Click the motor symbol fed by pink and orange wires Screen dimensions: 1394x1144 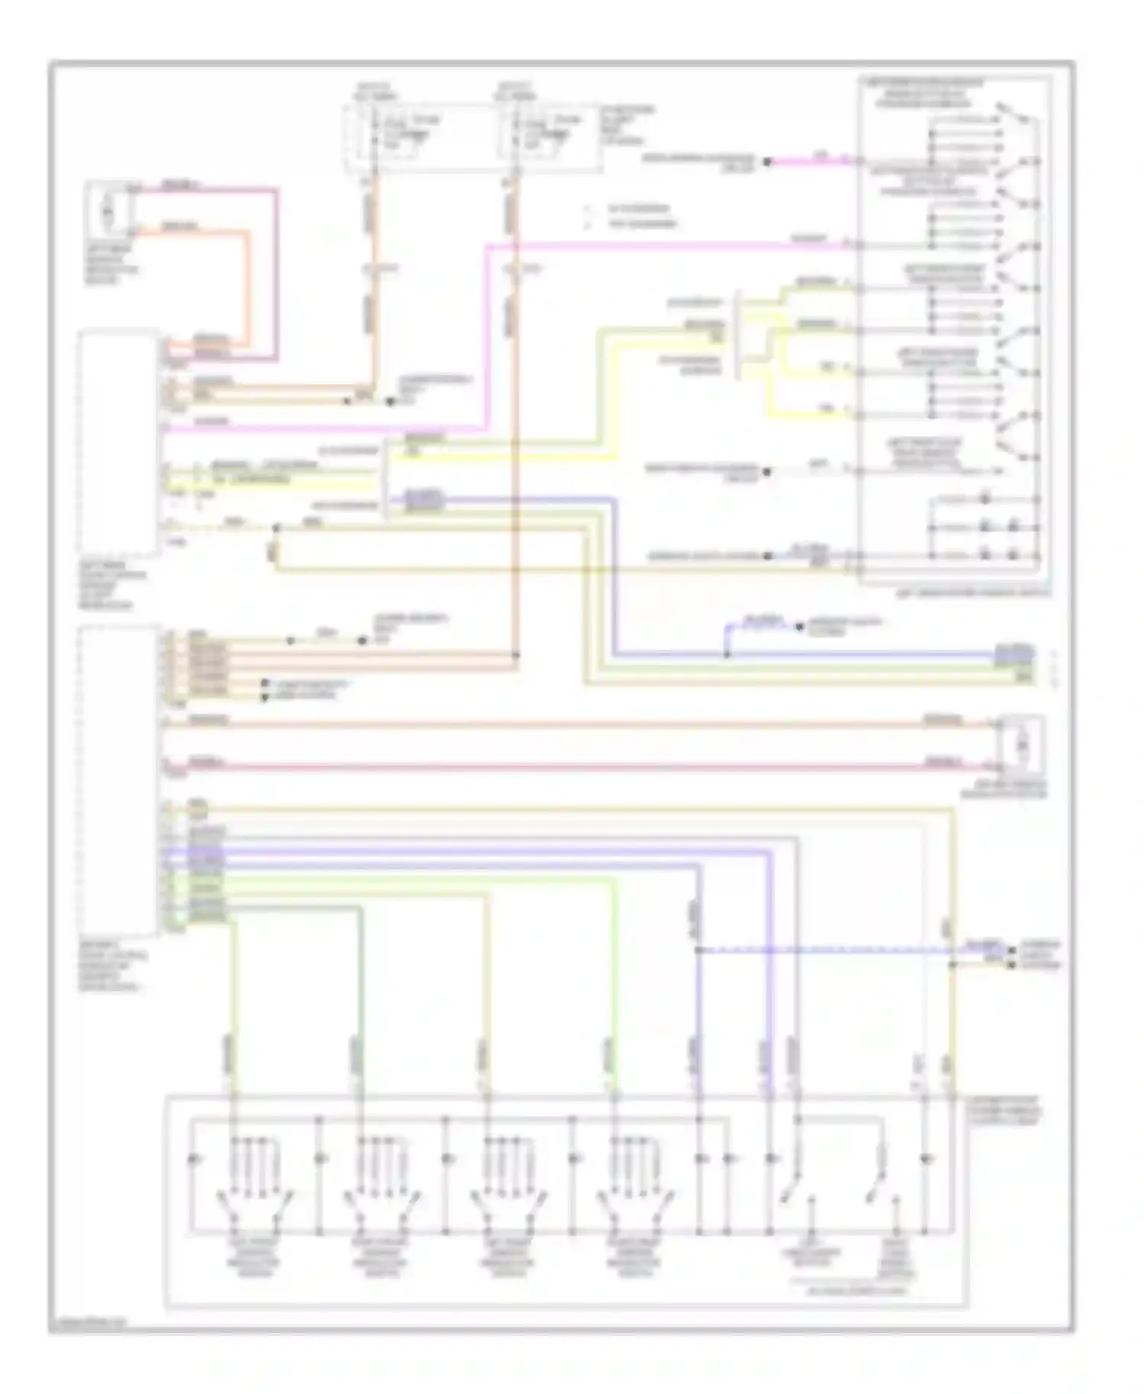click(x=108, y=207)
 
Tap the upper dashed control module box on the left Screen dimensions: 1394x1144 click(x=118, y=442)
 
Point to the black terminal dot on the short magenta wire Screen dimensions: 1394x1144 click(x=768, y=162)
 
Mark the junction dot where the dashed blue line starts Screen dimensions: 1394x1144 click(x=698, y=950)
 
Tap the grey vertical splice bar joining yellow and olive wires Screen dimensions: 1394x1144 click(x=737, y=333)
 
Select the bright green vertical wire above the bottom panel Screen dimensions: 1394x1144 click(x=612, y=991)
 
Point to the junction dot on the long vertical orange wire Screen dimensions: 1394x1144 click(x=516, y=654)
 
